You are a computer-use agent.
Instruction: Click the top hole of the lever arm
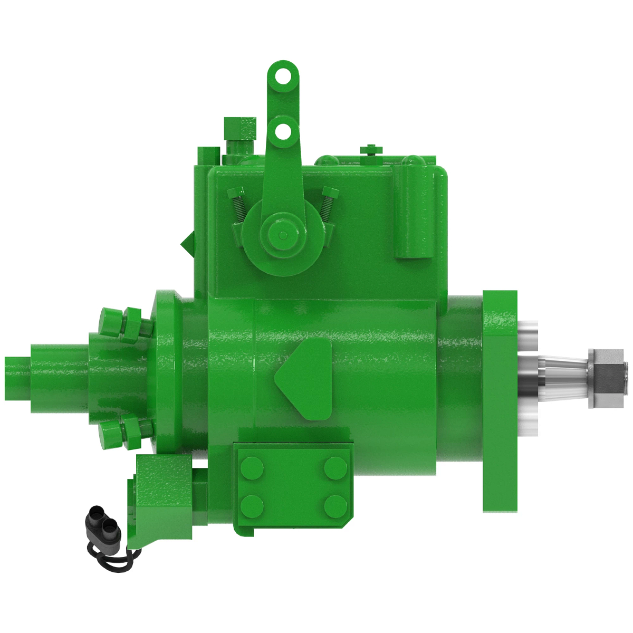[284, 76]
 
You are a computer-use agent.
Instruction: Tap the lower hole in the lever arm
[284, 130]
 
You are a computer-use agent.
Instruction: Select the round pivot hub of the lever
[283, 234]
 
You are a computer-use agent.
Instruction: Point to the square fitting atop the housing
[240, 128]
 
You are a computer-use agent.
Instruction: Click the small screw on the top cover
[372, 150]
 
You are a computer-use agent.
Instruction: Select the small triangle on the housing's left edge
[187, 243]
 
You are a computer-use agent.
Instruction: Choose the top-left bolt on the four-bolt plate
[252, 468]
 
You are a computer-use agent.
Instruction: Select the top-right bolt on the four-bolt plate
[335, 468]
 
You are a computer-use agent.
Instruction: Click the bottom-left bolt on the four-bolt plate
[252, 506]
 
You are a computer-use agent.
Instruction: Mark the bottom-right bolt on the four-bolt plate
[335, 506]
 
